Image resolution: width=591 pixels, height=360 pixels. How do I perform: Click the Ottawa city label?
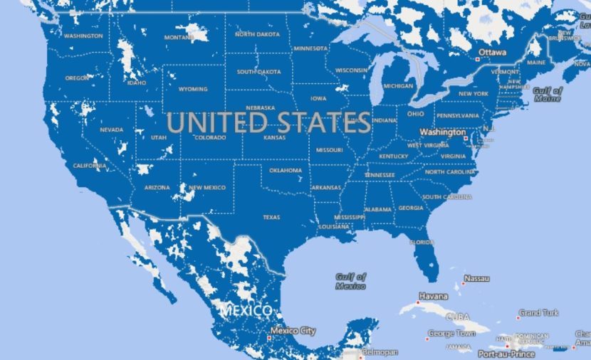(493, 53)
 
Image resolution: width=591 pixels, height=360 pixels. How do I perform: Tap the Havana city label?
(433, 296)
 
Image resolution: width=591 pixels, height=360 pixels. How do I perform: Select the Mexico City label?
(293, 331)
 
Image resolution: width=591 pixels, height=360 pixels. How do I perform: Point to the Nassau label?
(476, 278)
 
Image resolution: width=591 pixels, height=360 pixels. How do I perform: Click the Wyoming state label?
(193, 90)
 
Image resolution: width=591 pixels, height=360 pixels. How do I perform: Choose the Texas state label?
(271, 217)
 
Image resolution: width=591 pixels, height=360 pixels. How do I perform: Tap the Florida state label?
(422, 243)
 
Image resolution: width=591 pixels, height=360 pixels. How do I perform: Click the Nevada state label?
(112, 130)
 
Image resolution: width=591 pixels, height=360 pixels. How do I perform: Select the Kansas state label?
(274, 137)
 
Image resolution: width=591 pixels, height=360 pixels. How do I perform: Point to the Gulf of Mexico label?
(352, 281)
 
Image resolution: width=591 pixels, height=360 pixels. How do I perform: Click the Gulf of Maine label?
(548, 95)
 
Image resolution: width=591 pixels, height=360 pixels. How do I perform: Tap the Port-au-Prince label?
(506, 354)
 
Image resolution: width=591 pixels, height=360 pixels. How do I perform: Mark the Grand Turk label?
(538, 313)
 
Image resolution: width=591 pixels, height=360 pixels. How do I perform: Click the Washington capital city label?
(442, 132)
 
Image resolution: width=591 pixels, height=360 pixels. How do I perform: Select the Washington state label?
(83, 36)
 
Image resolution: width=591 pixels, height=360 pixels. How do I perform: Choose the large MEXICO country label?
(246, 311)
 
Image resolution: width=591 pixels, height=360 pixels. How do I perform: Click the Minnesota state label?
(310, 48)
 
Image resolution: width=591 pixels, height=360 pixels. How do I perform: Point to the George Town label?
(451, 333)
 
